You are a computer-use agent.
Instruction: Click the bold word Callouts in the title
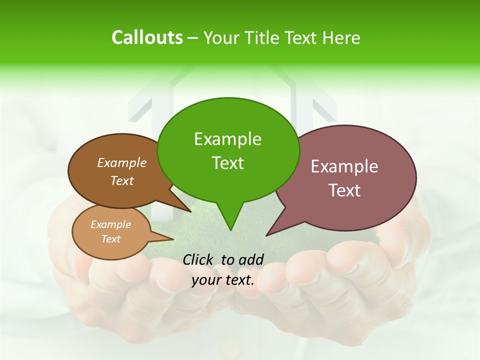(147, 37)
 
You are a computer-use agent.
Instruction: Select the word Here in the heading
(340, 38)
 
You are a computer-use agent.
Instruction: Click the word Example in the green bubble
(227, 139)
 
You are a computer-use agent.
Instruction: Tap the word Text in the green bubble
(227, 163)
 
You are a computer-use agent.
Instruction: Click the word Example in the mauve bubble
(344, 166)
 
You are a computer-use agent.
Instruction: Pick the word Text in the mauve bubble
(344, 190)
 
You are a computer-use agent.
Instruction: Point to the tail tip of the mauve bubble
(267, 235)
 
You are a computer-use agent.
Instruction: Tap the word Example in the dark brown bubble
(122, 163)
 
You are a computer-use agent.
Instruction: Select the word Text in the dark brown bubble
(122, 181)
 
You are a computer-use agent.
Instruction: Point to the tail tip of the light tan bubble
(173, 239)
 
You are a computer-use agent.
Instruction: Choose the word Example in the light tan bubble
(110, 224)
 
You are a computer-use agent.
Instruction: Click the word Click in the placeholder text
(197, 259)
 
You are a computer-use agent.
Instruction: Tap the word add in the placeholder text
(250, 259)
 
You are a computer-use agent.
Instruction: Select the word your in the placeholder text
(206, 280)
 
